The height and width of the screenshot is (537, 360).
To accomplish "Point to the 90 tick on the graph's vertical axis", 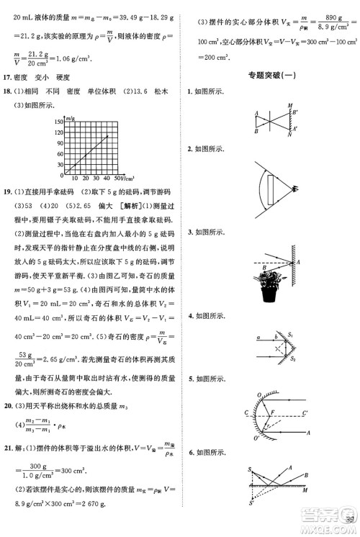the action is click(59, 144).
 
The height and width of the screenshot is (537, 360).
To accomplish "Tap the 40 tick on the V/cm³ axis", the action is click(107, 177).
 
